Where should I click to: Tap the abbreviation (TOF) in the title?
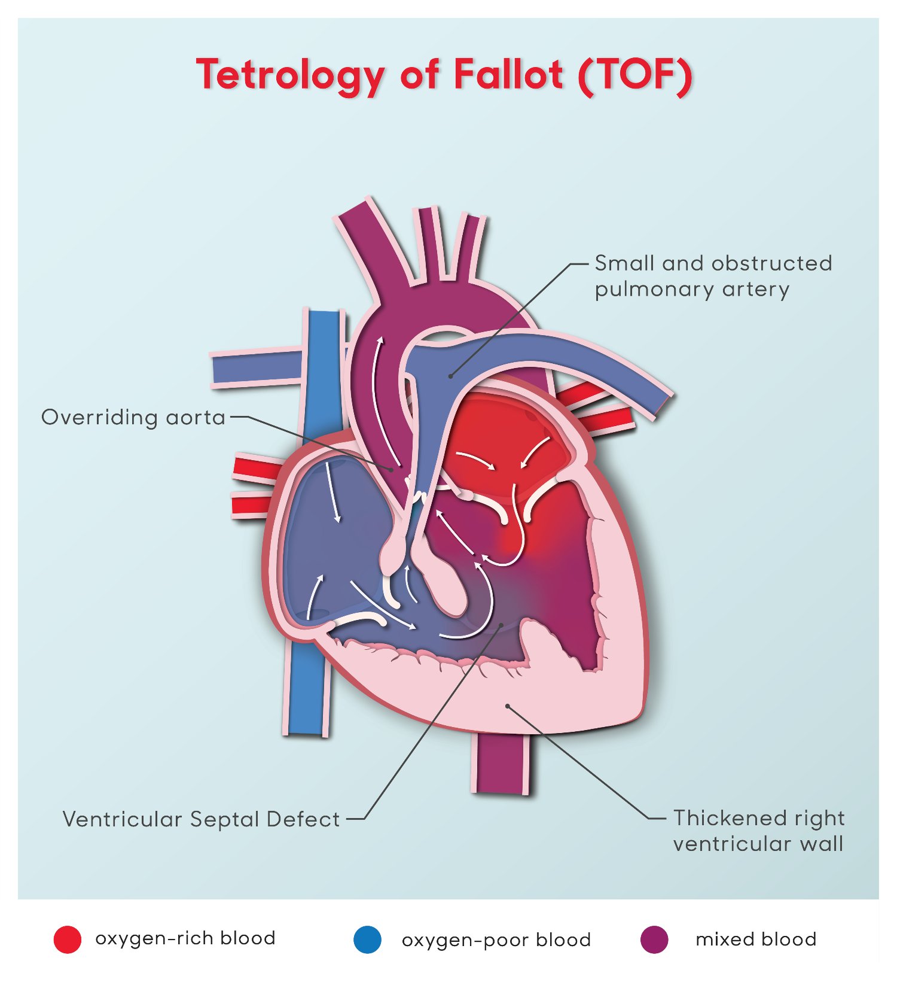(x=636, y=75)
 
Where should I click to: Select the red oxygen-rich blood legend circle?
(x=68, y=939)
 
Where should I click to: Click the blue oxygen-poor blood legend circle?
(x=367, y=939)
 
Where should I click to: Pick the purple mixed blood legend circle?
(x=654, y=939)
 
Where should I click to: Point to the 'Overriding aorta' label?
(x=133, y=417)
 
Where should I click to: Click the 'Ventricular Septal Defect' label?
(x=202, y=819)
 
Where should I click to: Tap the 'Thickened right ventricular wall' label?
(x=759, y=831)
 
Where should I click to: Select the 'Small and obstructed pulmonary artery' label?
(x=713, y=276)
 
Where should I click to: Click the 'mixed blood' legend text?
(x=756, y=939)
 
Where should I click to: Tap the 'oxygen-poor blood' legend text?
(x=496, y=940)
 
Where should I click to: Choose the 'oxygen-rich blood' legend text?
(x=185, y=938)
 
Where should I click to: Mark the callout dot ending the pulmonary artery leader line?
(x=451, y=376)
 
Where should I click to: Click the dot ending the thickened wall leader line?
(x=507, y=706)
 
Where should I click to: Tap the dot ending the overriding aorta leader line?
(x=392, y=470)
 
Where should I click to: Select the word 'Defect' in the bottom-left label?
(x=303, y=819)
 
